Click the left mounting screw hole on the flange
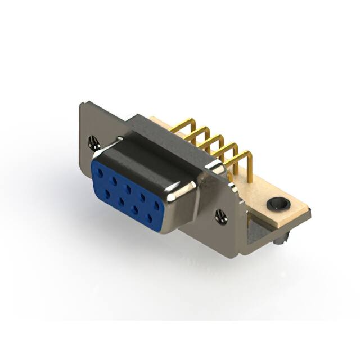(94, 143)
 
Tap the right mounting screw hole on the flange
(221, 216)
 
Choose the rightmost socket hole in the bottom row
(150, 217)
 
